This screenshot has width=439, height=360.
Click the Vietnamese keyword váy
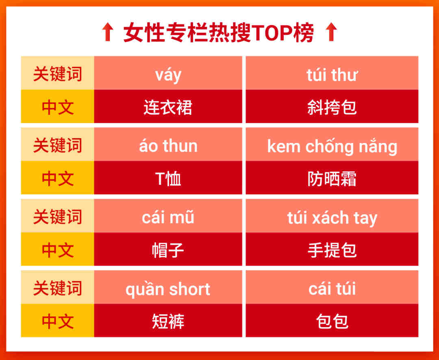pyautogui.click(x=168, y=75)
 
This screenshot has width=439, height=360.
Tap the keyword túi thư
pyautogui.click(x=332, y=75)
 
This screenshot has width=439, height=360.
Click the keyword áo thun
pyautogui.click(x=168, y=146)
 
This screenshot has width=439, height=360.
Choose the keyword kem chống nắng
pyautogui.click(x=332, y=146)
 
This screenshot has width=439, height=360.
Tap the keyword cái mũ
pyautogui.click(x=168, y=217)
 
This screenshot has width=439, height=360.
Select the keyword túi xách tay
pyautogui.click(x=332, y=218)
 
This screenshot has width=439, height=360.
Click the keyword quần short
pyautogui.click(x=168, y=289)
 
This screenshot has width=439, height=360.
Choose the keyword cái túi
pyautogui.click(x=332, y=288)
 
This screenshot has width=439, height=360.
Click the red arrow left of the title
pyautogui.click(x=107, y=32)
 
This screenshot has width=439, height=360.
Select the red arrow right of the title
pyautogui.click(x=332, y=32)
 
